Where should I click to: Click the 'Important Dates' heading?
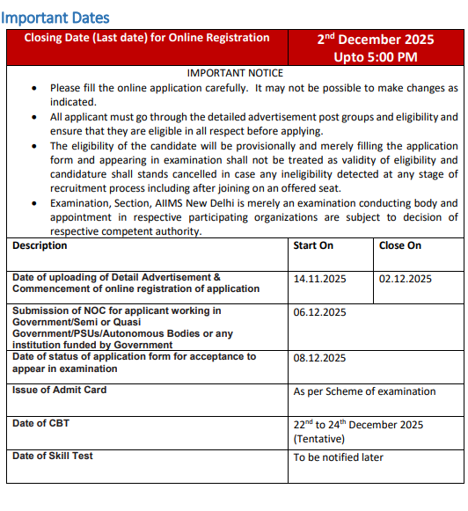pyautogui.click(x=55, y=18)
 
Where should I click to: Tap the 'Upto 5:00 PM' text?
pyautogui.click(x=376, y=57)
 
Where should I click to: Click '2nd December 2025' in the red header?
pyautogui.click(x=376, y=40)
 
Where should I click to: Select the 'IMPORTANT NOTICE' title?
pyautogui.click(x=235, y=74)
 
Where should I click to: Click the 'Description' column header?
pyautogui.click(x=40, y=246)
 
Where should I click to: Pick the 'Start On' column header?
pyautogui.click(x=313, y=246)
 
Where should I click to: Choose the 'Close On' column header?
pyautogui.click(x=400, y=246)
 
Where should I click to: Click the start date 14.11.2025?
pyautogui.click(x=320, y=279)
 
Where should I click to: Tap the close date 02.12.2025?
pyautogui.click(x=406, y=279)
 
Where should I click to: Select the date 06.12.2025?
pyautogui.click(x=320, y=312)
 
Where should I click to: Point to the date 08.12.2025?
pyautogui.click(x=320, y=358)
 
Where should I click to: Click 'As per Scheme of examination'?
pyautogui.click(x=364, y=391)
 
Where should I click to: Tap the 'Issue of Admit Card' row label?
pyautogui.click(x=59, y=390)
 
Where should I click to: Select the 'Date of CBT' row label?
pyautogui.click(x=41, y=423)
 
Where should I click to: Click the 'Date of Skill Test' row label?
pyautogui.click(x=53, y=456)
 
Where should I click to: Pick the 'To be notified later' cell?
pyautogui.click(x=339, y=457)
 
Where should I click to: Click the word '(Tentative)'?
pyautogui.click(x=319, y=439)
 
